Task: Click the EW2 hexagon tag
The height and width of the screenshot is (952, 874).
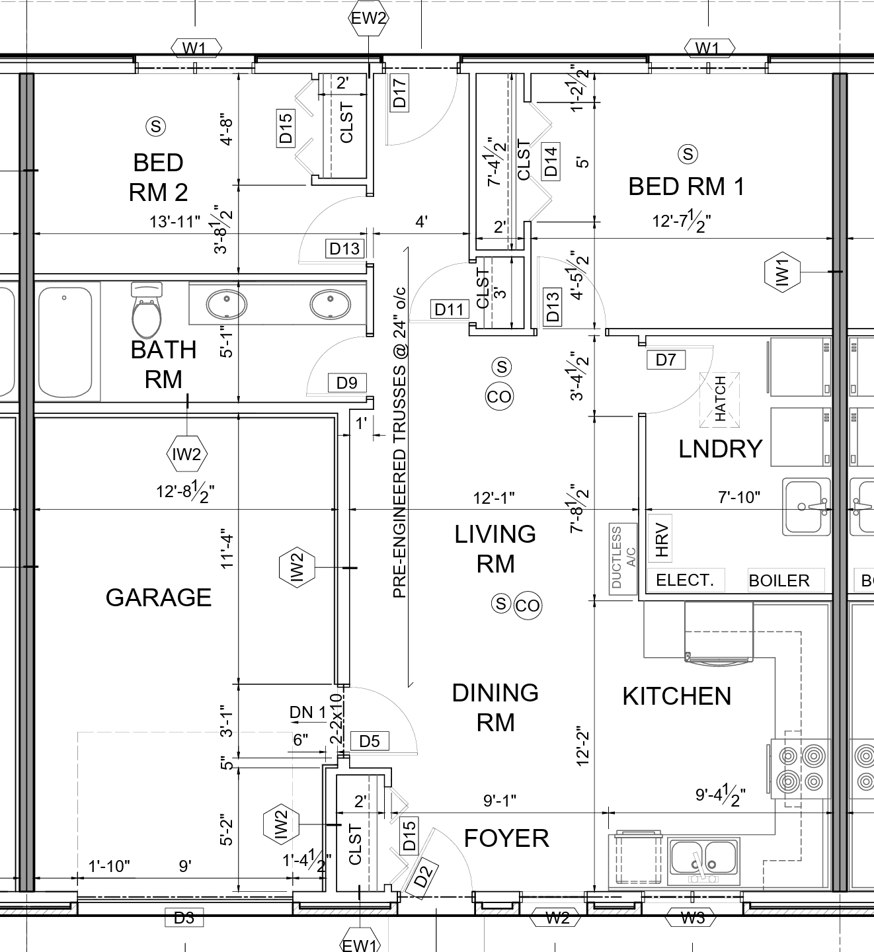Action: [368, 18]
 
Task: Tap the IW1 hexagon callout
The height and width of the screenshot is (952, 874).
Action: [782, 272]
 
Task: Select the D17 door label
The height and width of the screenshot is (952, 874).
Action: [400, 93]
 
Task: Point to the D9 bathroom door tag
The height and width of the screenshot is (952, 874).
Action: [346, 383]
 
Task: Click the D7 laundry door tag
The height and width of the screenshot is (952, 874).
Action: [666, 360]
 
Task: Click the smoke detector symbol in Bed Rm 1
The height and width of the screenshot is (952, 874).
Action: [688, 154]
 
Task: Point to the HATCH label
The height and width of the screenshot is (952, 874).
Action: [720, 399]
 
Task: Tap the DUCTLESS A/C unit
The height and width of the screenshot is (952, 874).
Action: [623, 559]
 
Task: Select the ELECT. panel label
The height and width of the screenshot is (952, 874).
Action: [685, 580]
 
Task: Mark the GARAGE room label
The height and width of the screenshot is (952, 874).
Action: [159, 598]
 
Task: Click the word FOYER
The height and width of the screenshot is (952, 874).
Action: [506, 838]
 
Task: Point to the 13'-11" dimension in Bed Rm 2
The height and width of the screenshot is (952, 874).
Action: [175, 221]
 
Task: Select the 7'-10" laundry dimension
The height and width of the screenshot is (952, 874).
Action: [738, 497]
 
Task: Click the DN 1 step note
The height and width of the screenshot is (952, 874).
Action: [307, 712]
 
